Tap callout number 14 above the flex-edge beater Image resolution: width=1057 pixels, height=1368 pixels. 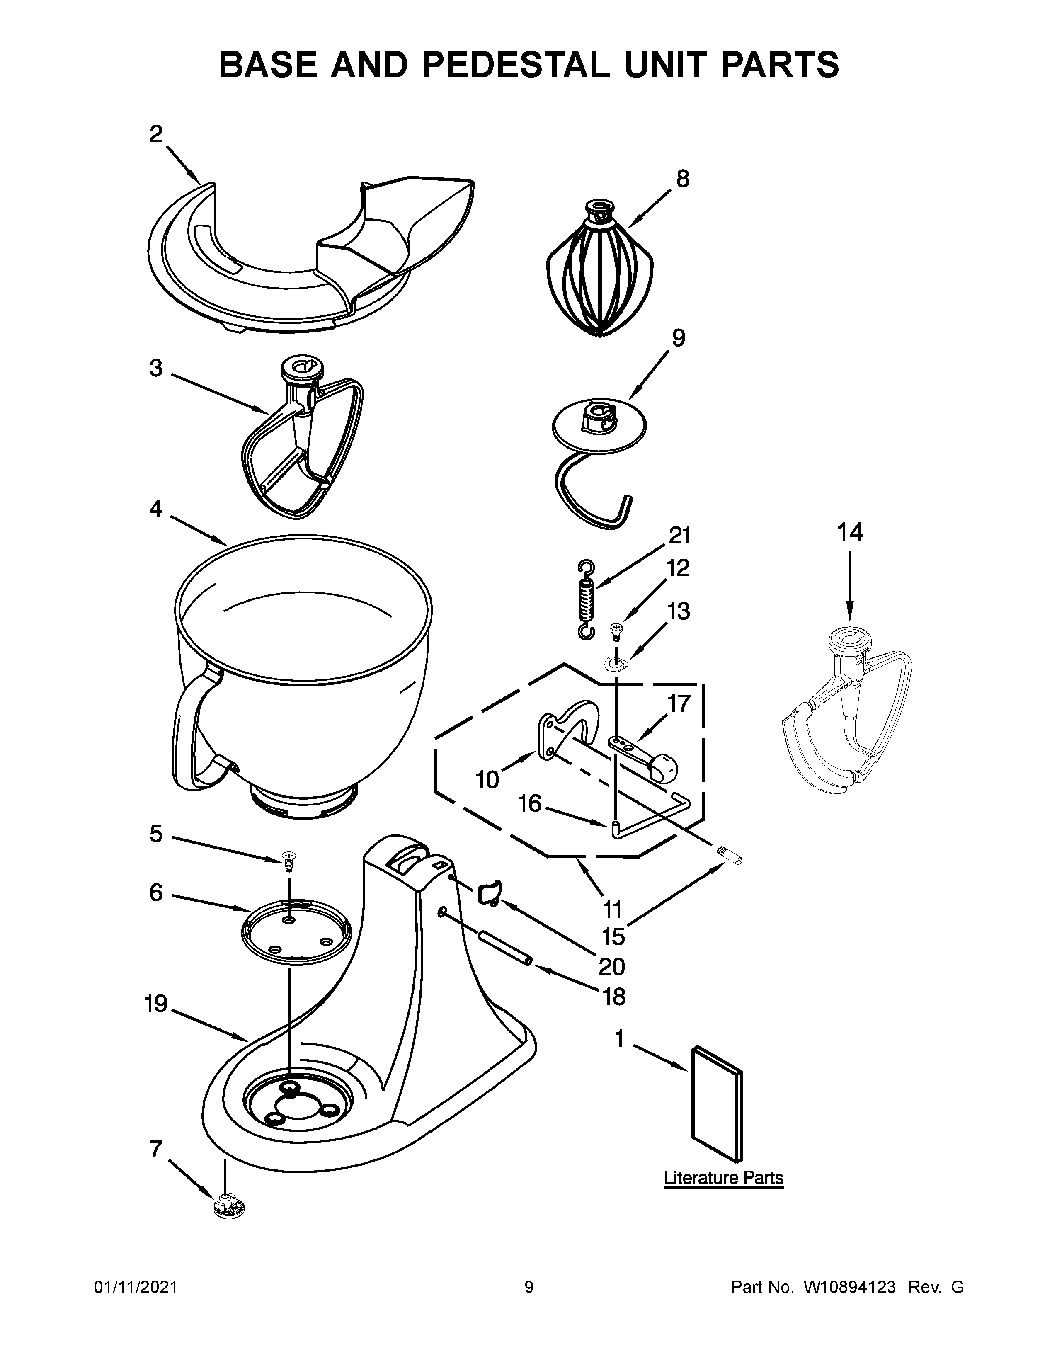click(x=850, y=532)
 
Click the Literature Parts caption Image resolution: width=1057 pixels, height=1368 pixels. click(x=723, y=1178)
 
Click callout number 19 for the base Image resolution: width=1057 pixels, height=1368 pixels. click(x=157, y=1004)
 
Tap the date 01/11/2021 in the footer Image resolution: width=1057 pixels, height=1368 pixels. click(x=135, y=1287)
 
